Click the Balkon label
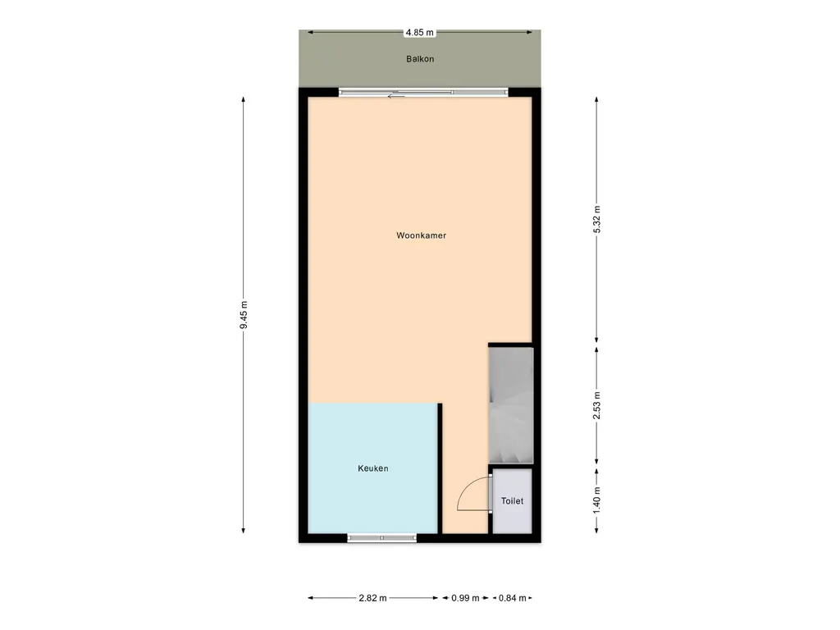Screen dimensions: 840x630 point(420,59)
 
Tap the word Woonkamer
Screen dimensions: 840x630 point(421,235)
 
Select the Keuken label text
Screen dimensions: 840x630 point(373,468)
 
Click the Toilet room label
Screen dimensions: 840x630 point(512,501)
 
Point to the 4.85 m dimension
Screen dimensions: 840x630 point(419,32)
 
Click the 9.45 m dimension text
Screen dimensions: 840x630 point(243,315)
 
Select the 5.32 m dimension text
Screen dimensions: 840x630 point(597,219)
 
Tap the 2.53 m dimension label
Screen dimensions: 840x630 point(597,405)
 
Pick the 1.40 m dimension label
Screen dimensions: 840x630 point(597,500)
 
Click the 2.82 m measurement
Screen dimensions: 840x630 point(373,598)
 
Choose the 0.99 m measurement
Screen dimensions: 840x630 point(465,598)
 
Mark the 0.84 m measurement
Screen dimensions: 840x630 point(513,598)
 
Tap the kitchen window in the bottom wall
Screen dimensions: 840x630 point(382,538)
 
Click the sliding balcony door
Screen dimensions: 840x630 point(423,93)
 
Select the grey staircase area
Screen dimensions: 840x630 point(511,405)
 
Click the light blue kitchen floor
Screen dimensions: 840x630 point(373,468)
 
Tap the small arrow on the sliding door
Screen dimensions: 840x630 point(396,96)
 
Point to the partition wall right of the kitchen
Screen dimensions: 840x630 point(440,468)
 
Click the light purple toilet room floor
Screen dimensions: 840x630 point(512,501)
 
